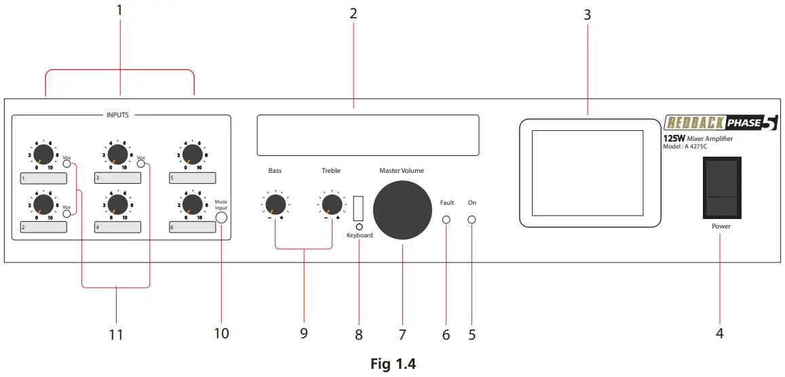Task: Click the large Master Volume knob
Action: pyautogui.click(x=402, y=211)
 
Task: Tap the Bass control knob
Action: pyautogui.click(x=275, y=203)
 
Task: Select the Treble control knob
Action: pyautogui.click(x=331, y=203)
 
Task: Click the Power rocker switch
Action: pyautogui.click(x=721, y=187)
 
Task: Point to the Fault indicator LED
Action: pyautogui.click(x=446, y=220)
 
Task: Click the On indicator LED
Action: pyautogui.click(x=472, y=220)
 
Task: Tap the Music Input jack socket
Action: pyautogui.click(x=221, y=218)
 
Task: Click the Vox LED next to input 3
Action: pyautogui.click(x=140, y=163)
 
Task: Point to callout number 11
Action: pyautogui.click(x=116, y=334)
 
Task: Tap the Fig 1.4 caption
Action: pyautogui.click(x=393, y=363)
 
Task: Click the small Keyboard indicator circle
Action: pyautogui.click(x=359, y=226)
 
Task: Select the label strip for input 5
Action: pyautogui.click(x=193, y=178)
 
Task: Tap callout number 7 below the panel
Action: pyautogui.click(x=402, y=334)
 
